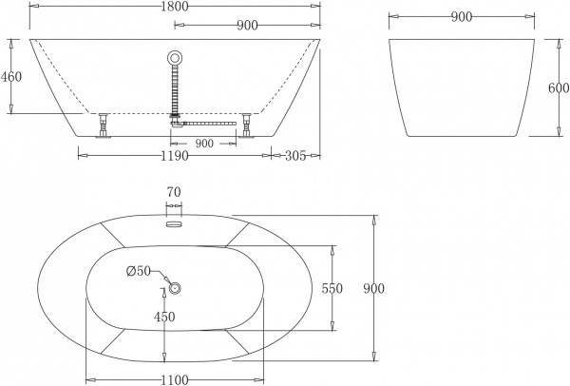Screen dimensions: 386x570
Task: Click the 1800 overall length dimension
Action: pyautogui.click(x=173, y=8)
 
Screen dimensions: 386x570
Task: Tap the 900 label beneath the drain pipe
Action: pyautogui.click(x=203, y=143)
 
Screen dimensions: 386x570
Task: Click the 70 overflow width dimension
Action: pyautogui.click(x=173, y=193)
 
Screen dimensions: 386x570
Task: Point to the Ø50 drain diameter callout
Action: pyautogui.click(x=139, y=271)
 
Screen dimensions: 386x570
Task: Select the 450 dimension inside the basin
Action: pyautogui.click(x=164, y=318)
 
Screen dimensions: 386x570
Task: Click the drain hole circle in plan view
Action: pyautogui.click(x=174, y=288)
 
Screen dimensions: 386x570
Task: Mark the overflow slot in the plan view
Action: pyautogui.click(x=173, y=224)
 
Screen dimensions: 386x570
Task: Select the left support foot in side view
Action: pyautogui.click(x=101, y=125)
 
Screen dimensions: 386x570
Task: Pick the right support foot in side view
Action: pyautogui.click(x=246, y=125)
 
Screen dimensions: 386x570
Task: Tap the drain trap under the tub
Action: pyautogui.click(x=177, y=121)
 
